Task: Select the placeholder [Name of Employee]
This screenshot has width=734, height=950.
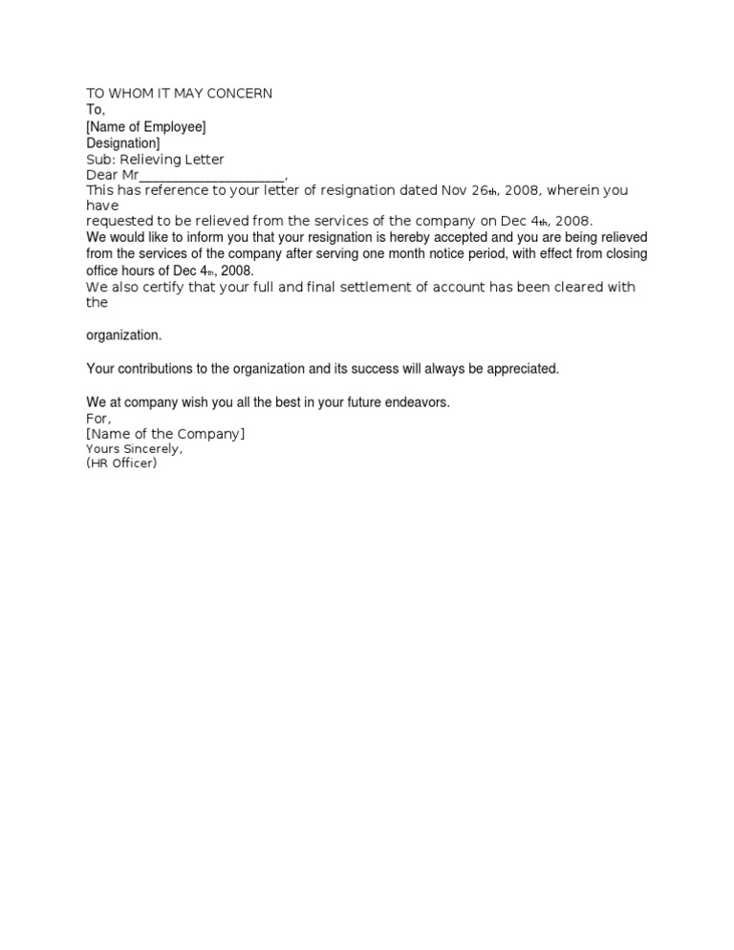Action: (x=146, y=126)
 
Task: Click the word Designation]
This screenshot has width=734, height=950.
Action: (x=123, y=143)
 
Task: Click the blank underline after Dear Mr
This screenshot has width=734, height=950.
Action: (x=211, y=176)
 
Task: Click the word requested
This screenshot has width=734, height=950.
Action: (x=121, y=221)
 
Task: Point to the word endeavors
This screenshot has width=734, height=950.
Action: (x=414, y=402)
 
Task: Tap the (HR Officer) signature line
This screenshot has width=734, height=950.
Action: (x=121, y=464)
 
